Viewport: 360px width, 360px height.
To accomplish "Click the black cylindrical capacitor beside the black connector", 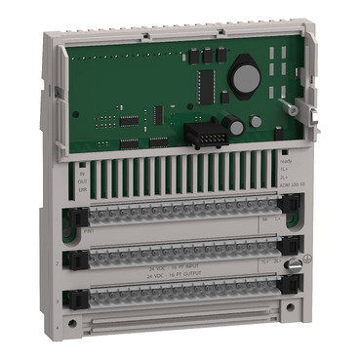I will coord(234,124).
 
